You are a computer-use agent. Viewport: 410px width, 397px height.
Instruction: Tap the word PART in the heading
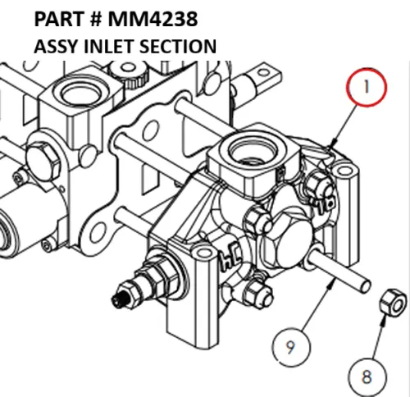coord(60,17)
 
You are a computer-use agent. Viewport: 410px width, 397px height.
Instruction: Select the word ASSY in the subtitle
coord(54,46)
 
